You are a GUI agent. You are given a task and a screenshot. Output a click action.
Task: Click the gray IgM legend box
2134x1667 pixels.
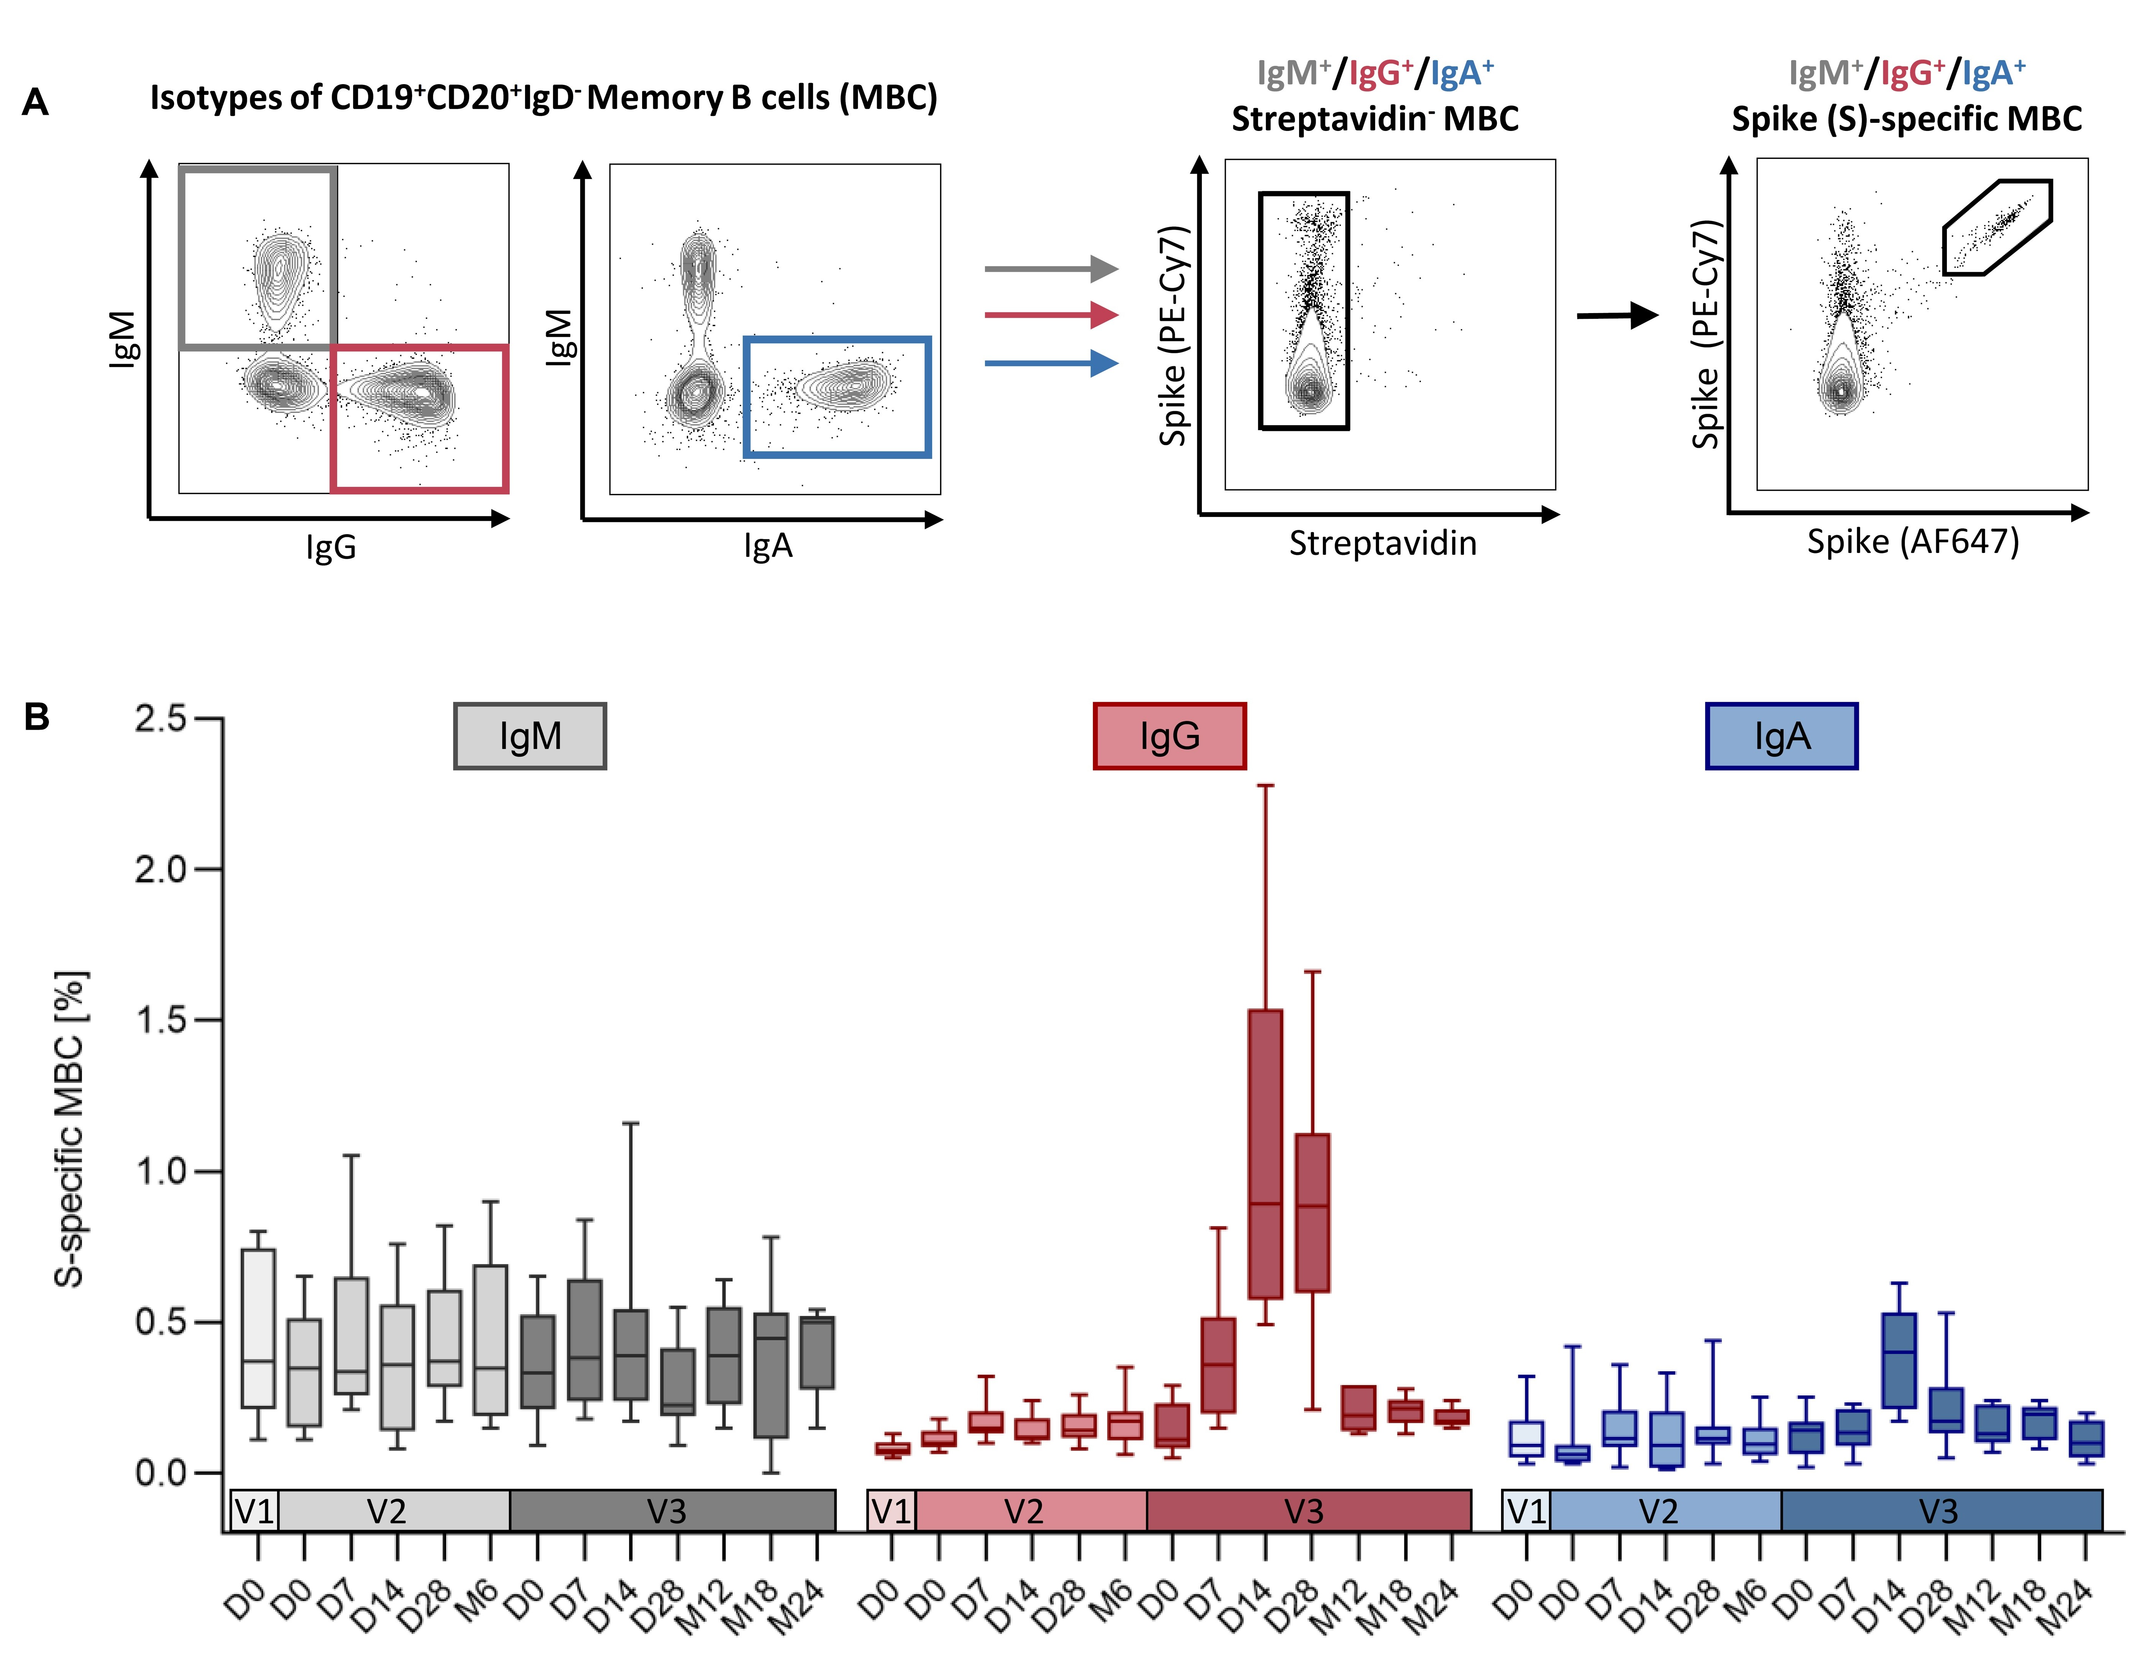(x=530, y=736)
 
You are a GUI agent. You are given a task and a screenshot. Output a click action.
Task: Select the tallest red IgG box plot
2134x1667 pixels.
(x=1265, y=1153)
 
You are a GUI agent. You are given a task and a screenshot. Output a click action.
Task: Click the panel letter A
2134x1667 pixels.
(x=35, y=102)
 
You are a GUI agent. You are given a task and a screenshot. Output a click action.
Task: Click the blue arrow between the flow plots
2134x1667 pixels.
(x=1050, y=364)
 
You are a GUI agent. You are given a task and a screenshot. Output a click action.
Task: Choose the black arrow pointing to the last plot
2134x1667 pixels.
(x=1617, y=315)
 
